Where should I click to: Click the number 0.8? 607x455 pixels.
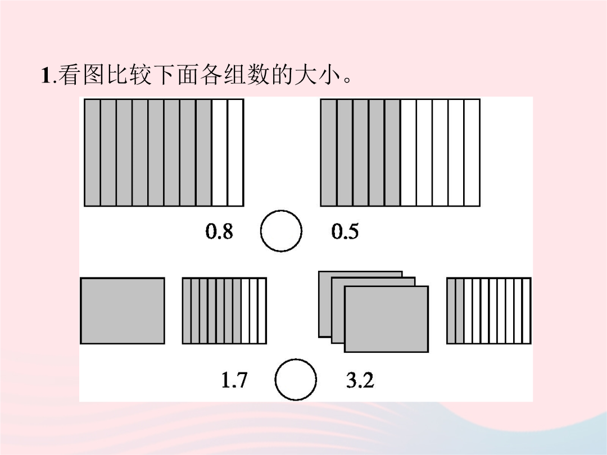pyautogui.click(x=219, y=231)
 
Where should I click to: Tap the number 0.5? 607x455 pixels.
pyautogui.click(x=345, y=231)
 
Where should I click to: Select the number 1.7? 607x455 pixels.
pyautogui.click(x=234, y=380)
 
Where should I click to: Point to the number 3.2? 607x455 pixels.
pyautogui.click(x=360, y=380)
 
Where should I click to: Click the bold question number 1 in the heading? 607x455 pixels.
pyautogui.click(x=46, y=75)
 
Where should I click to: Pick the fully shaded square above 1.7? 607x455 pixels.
pyautogui.click(x=123, y=311)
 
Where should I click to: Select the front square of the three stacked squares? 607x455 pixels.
pyautogui.click(x=386, y=319)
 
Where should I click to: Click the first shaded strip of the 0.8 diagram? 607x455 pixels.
pyautogui.click(x=93, y=152)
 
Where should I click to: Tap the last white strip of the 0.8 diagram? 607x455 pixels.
pyautogui.click(x=235, y=152)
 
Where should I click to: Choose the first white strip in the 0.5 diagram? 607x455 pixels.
pyautogui.click(x=409, y=152)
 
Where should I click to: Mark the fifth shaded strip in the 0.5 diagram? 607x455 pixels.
pyautogui.click(x=392, y=152)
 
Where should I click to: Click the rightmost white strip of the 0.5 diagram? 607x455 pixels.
pyautogui.click(x=472, y=152)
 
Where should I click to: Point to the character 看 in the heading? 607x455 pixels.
pyautogui.click(x=69, y=75)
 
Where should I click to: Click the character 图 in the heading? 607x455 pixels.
pyautogui.click(x=93, y=75)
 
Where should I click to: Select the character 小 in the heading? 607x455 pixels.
pyautogui.click(x=329, y=75)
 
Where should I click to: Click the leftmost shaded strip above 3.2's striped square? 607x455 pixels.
pyautogui.click(x=451, y=311)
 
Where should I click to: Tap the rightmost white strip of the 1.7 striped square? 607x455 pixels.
pyautogui.click(x=262, y=311)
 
